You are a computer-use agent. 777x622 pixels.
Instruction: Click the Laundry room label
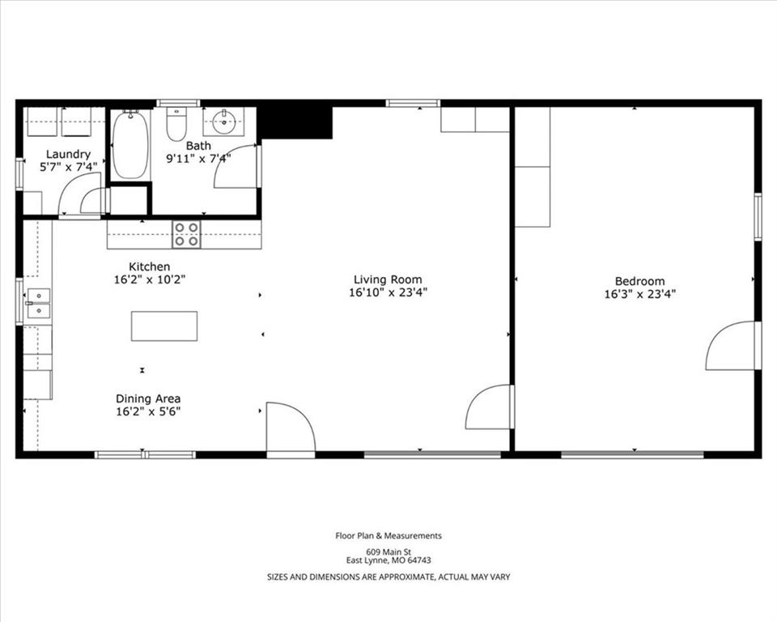[x=68, y=154]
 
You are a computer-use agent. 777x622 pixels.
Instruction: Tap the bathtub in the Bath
[x=130, y=144]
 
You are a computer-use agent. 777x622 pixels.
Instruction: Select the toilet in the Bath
[x=176, y=124]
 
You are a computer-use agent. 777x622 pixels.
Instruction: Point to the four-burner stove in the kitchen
[x=186, y=234]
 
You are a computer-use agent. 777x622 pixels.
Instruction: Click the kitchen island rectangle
[x=164, y=326]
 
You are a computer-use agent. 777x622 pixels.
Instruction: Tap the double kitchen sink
[x=38, y=303]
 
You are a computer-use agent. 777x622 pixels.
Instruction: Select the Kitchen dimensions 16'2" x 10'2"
[x=150, y=279]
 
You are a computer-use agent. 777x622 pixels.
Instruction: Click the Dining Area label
[x=148, y=398]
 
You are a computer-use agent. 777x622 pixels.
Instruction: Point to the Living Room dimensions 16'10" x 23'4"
[x=388, y=292]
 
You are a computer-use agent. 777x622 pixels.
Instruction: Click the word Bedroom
[x=639, y=281]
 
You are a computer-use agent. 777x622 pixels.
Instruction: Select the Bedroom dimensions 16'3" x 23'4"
[x=639, y=294]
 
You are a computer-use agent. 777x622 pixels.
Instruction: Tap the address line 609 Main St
[x=388, y=552]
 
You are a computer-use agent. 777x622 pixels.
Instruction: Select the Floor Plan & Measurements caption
[x=388, y=535]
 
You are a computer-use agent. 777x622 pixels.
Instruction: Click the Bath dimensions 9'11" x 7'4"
[x=198, y=159]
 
